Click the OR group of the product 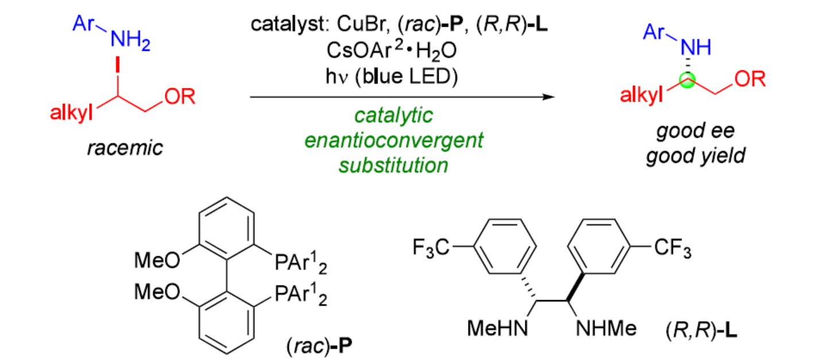click(750, 80)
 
